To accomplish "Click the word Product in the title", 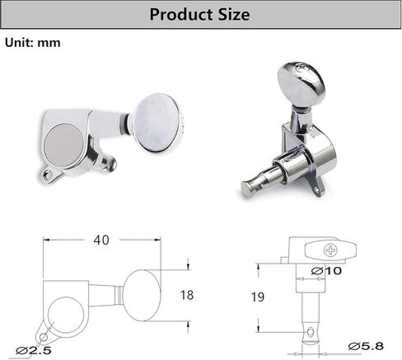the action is (x=181, y=14).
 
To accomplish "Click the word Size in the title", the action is (x=234, y=14).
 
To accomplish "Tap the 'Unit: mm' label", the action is (x=33, y=43).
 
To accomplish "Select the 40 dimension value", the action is (x=101, y=241).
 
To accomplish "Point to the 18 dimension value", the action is (x=187, y=295).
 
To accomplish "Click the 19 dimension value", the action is (x=258, y=297).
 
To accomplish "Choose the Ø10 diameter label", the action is (x=326, y=271).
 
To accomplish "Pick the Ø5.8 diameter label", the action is (x=366, y=346).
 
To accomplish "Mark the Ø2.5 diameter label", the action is (x=34, y=350).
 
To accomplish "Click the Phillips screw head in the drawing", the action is (x=330, y=250).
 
